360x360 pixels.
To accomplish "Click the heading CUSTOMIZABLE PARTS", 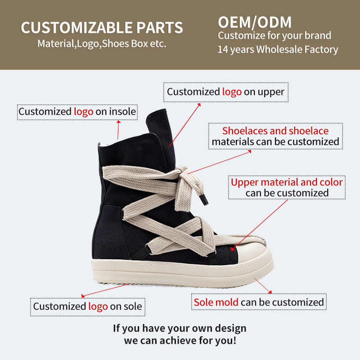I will (x=102, y=27).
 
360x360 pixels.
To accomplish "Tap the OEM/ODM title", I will (x=255, y=22).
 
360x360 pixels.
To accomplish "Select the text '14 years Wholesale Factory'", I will (x=278, y=49).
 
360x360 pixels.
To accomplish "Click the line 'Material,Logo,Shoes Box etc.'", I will (x=102, y=44).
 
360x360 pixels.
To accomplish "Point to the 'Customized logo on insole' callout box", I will (x=77, y=112).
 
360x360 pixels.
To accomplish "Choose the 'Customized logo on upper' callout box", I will (x=225, y=92).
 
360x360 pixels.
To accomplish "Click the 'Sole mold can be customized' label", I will (x=259, y=302).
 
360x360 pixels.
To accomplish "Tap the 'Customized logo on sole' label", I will (x=87, y=307).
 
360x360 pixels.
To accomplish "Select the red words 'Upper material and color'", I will (x=287, y=182).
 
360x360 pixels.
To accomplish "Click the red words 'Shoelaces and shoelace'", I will (x=275, y=131).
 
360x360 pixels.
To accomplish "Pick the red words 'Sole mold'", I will (x=216, y=302).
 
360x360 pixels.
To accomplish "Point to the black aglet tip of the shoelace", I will (x=206, y=199).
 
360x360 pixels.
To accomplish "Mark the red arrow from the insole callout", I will (x=118, y=130).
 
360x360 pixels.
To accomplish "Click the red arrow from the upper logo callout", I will (x=184, y=124).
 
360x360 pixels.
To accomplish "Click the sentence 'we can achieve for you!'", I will (x=180, y=341).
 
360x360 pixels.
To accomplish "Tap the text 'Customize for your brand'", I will (x=274, y=36).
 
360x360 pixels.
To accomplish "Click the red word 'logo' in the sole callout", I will (x=98, y=307).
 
